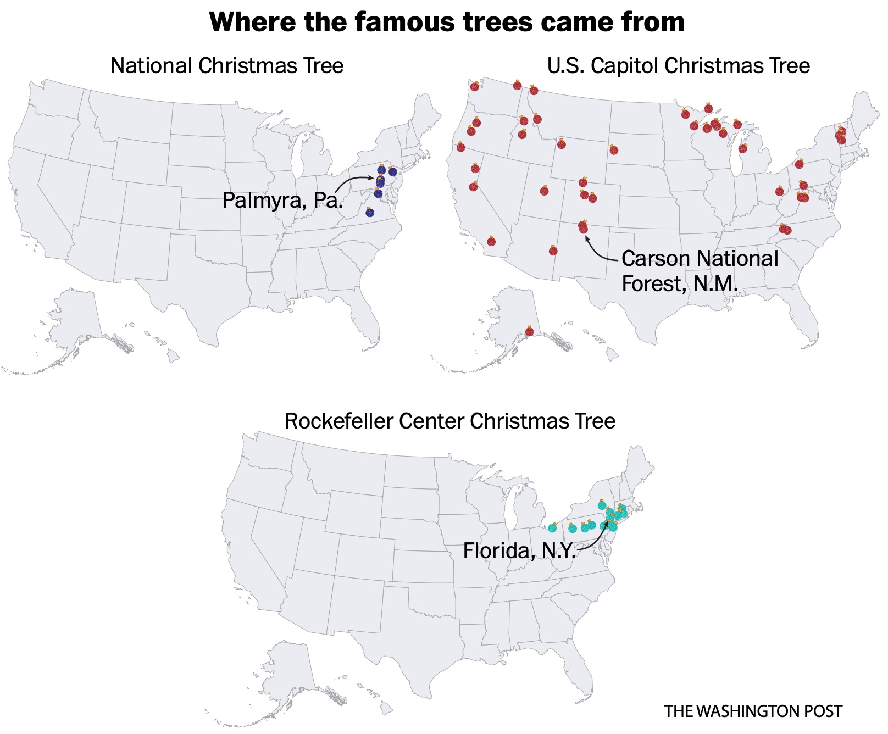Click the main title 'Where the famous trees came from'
pyautogui.click(x=446, y=23)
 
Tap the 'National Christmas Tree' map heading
pyautogui.click(x=226, y=66)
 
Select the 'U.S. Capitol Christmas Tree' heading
pyautogui.click(x=678, y=66)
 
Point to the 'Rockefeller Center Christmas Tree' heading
pyautogui.click(x=449, y=421)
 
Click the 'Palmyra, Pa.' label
pyautogui.click(x=282, y=200)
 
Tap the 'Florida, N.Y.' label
pyautogui.click(x=519, y=550)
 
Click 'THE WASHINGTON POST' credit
pyautogui.click(x=753, y=711)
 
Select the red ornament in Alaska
pyautogui.click(x=529, y=331)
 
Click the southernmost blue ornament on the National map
pyautogui.click(x=370, y=213)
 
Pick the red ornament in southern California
pyautogui.click(x=491, y=241)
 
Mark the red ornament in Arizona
pyautogui.click(x=553, y=251)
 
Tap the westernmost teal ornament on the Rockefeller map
pyautogui.click(x=552, y=528)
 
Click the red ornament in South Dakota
pyautogui.click(x=614, y=150)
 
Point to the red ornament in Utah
pyautogui.click(x=544, y=191)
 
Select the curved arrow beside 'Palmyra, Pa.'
pyautogui.click(x=352, y=182)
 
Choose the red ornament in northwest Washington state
pyautogui.click(x=475, y=87)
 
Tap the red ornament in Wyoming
pyautogui.click(x=561, y=144)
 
